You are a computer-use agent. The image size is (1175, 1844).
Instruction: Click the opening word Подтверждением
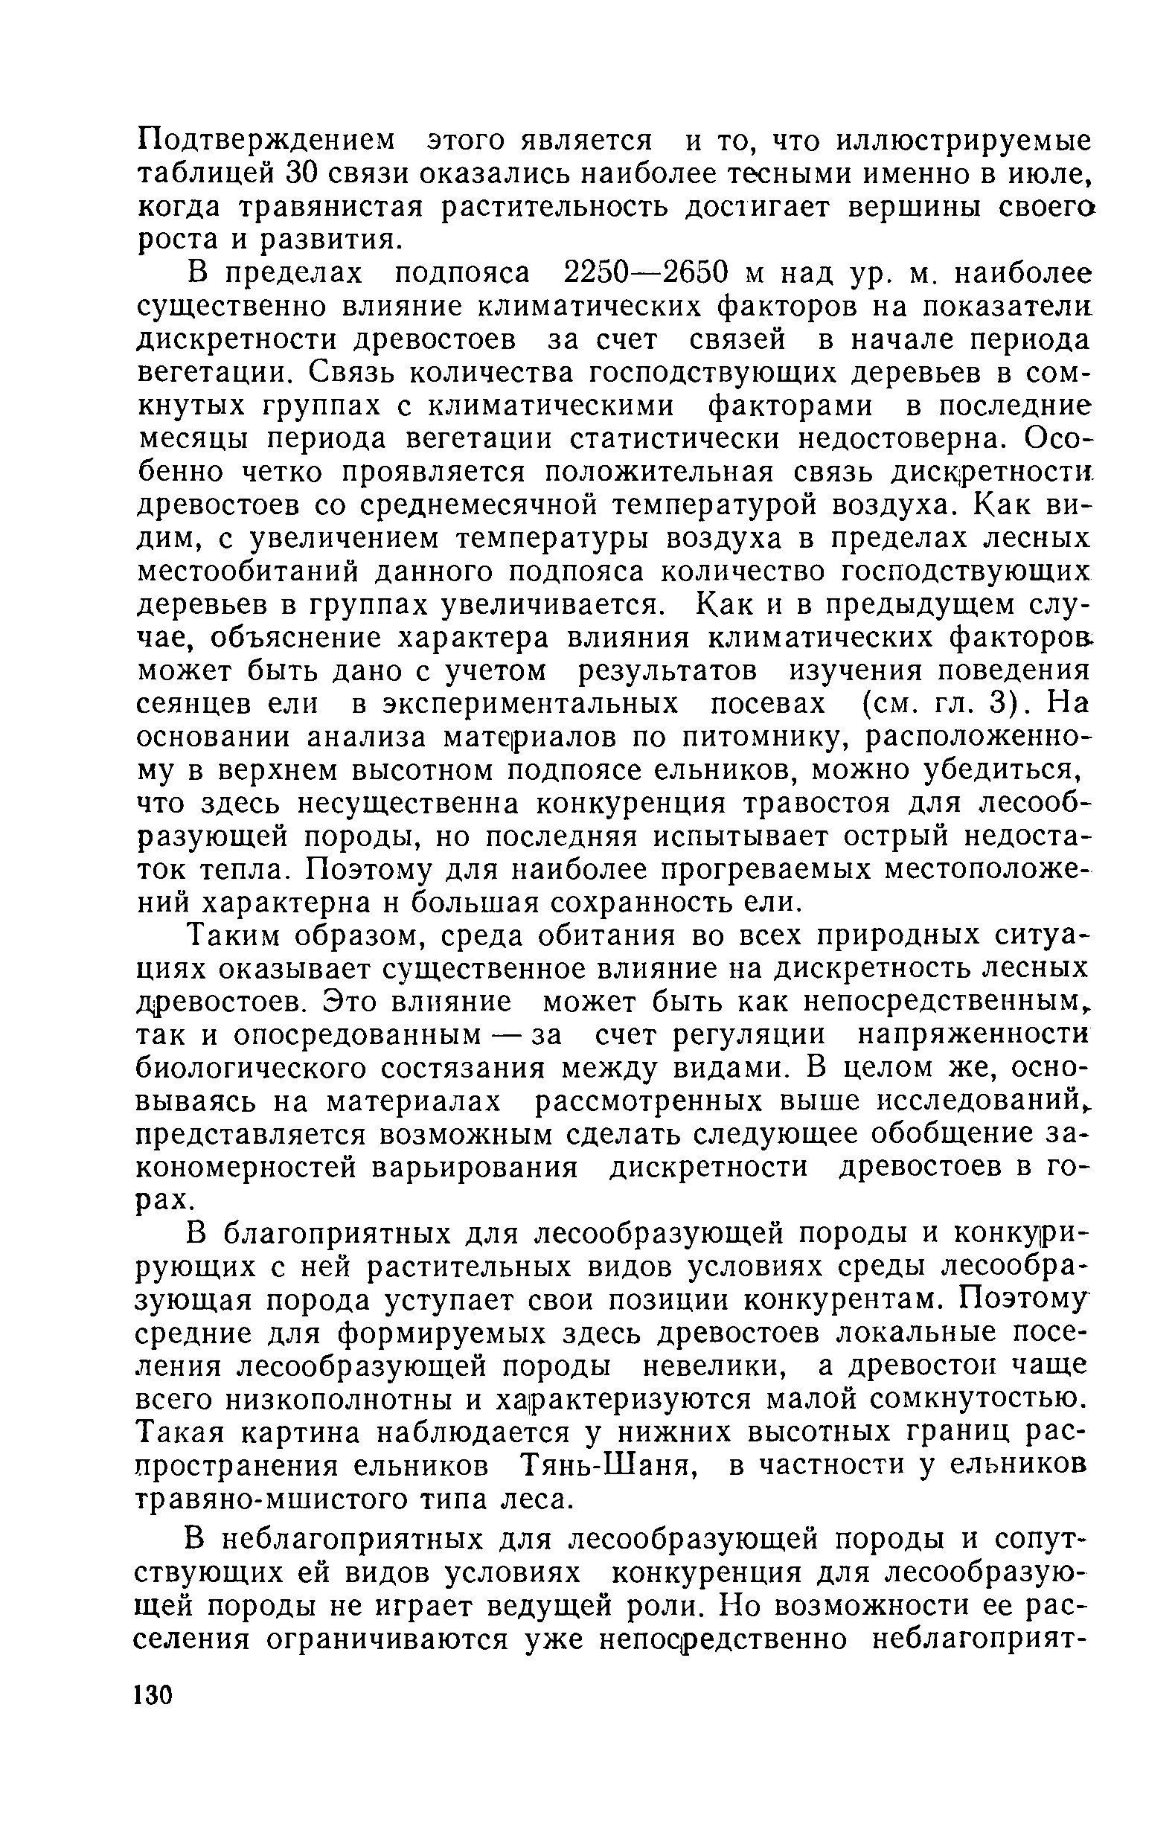(x=267, y=141)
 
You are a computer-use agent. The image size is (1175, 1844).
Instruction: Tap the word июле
(x=1052, y=174)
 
